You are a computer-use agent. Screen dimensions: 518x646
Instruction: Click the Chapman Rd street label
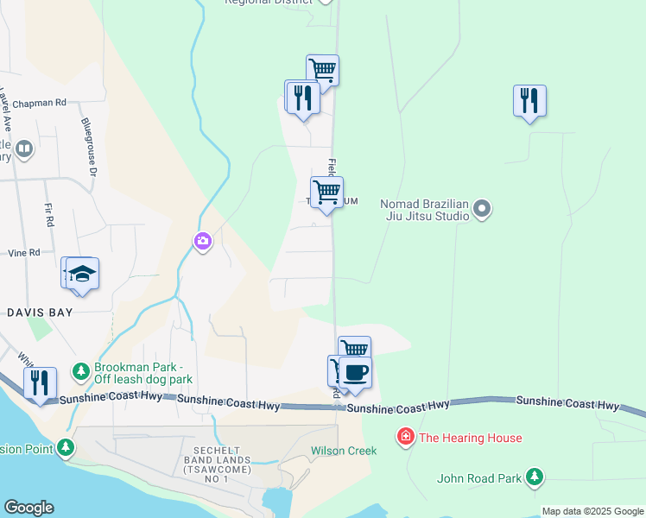(x=39, y=103)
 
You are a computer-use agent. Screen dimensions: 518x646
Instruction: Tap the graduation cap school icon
(x=83, y=274)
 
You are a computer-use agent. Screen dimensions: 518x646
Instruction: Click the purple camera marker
(x=203, y=241)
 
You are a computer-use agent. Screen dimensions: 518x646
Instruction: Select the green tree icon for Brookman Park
(x=81, y=371)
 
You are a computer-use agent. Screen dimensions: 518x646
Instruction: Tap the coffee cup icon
(x=356, y=373)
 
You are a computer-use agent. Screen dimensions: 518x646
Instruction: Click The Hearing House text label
(x=470, y=438)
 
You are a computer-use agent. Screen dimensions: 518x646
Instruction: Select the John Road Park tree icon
(x=535, y=477)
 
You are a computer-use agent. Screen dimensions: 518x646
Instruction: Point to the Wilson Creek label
(x=339, y=451)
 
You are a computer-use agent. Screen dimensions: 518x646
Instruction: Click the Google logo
(x=28, y=508)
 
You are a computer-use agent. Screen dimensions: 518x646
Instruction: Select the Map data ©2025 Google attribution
(x=592, y=511)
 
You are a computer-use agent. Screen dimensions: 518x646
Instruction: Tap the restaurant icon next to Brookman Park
(x=40, y=382)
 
